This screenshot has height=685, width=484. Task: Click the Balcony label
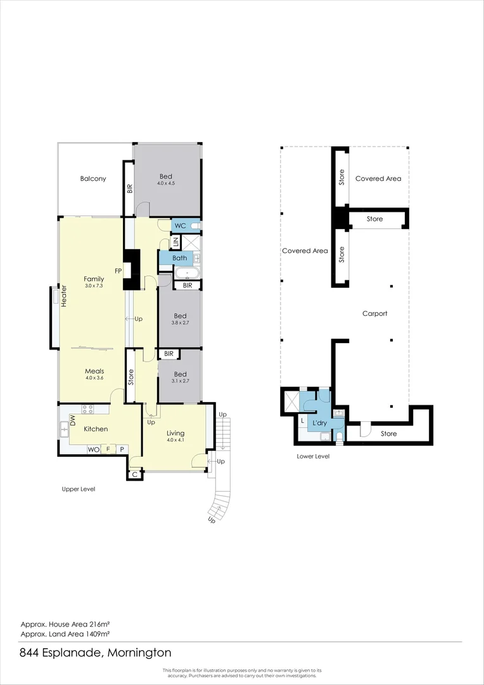[x=93, y=179]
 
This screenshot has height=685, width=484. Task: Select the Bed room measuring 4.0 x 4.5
[x=166, y=179]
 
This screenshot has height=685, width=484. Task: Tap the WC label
[x=179, y=226]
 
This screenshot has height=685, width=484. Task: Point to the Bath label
[x=179, y=258]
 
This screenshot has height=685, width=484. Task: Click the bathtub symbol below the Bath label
[x=188, y=273]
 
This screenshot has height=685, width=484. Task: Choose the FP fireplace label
[x=118, y=271]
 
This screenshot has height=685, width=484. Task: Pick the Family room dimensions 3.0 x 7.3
[x=94, y=286]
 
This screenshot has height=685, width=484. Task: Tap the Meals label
[x=94, y=371]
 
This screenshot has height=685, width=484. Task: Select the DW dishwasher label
[x=73, y=420]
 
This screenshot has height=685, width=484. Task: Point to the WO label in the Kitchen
[x=93, y=449]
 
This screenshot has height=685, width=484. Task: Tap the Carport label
[x=374, y=313]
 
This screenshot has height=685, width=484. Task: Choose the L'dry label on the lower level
[x=320, y=422]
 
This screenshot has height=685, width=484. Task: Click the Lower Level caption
[x=313, y=456]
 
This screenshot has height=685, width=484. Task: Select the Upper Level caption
[x=78, y=489]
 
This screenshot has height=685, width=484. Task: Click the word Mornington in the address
[x=139, y=653]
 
